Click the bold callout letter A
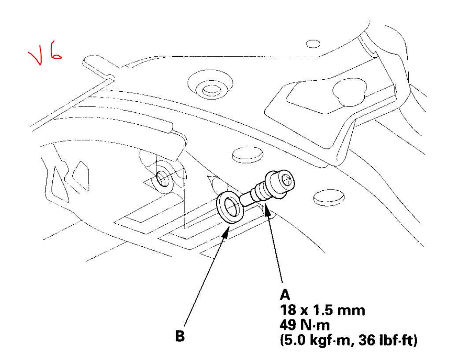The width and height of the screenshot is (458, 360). [285, 294]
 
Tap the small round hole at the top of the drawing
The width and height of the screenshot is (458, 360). [313, 43]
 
